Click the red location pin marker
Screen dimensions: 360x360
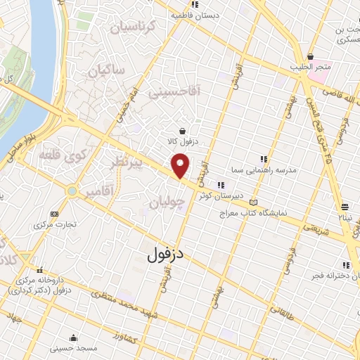(181, 166)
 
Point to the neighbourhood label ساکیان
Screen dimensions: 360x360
(106, 71)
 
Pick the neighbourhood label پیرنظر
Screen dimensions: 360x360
(127, 163)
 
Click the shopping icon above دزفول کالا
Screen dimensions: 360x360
(183, 131)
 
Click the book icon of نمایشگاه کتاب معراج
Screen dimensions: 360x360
(264, 203)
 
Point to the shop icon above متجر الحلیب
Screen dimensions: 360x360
(310, 56)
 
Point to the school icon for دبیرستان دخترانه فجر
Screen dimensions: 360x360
(346, 264)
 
